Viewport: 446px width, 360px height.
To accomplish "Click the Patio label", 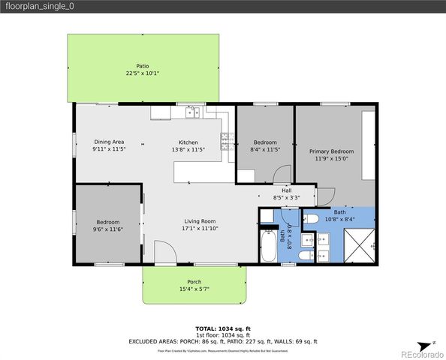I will pos(142,66).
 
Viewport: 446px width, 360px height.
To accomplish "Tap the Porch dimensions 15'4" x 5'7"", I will pos(193,289).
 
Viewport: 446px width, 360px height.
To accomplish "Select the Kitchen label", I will pos(188,142).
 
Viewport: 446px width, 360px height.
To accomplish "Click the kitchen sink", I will pos(191,113).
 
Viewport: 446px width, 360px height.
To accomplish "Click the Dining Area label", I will pos(109,142).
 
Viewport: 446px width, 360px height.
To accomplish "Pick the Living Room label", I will pos(198,221).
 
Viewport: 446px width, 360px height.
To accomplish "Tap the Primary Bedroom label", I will pos(331,151).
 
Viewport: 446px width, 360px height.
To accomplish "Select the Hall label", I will pos(286,190).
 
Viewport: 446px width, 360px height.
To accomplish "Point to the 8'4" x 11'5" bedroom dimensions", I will pos(264,149).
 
